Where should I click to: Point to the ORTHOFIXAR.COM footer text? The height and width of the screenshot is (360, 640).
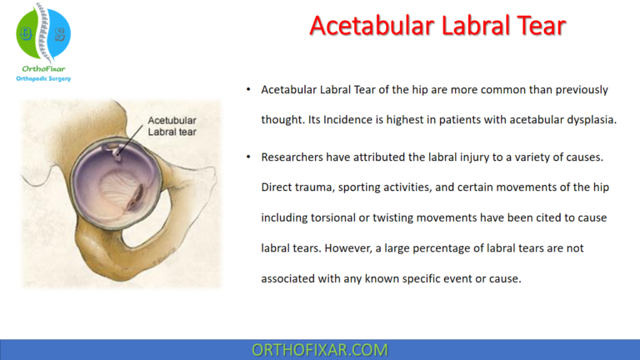click(x=319, y=349)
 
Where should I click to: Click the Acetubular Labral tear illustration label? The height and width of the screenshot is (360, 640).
click(x=172, y=125)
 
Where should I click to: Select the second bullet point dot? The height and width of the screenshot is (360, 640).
click(x=247, y=157)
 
